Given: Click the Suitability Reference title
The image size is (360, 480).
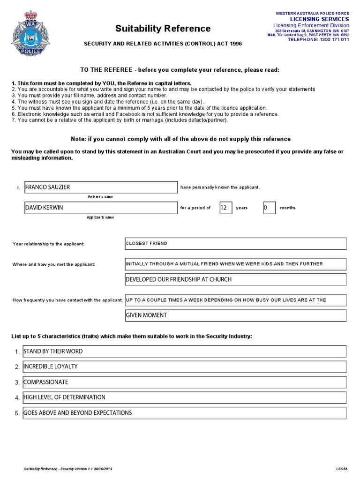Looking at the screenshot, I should point(163,29).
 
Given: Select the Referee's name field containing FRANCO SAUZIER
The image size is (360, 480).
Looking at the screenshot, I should point(101,187).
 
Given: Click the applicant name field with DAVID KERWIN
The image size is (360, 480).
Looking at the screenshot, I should point(101,208).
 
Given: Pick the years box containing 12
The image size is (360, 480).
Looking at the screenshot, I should point(226,208).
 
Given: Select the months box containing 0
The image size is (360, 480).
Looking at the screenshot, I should point(269,208).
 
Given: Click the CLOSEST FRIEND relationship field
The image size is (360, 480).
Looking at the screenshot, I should point(235,244).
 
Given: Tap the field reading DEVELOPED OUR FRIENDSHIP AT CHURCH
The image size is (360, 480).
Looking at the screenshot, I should point(235,280).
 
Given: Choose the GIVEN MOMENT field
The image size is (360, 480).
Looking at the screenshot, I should point(235,315).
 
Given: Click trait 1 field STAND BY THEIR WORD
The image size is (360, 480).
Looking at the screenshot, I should point(184,352).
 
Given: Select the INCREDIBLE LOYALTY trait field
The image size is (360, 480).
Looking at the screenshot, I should point(184,367).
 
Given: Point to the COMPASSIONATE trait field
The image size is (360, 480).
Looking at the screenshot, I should point(184,382).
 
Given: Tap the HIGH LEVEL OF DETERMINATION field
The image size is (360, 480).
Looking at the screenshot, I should point(184,397).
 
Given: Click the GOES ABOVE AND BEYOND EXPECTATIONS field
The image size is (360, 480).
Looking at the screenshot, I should point(184,413).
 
